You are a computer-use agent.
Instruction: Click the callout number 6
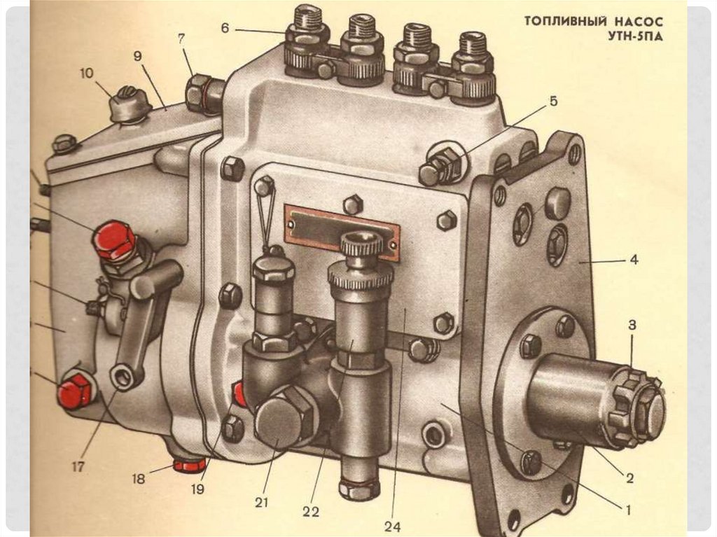tap(225, 28)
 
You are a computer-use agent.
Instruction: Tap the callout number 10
tap(86, 74)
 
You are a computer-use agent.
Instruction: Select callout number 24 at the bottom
tap(393, 527)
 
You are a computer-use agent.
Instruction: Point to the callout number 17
tap(78, 467)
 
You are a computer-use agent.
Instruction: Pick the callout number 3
tap(632, 326)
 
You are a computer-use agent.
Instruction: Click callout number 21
tap(261, 503)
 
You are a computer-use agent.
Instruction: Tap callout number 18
tap(139, 479)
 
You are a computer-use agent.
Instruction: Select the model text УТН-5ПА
tap(635, 36)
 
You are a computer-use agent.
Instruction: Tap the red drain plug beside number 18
tap(189, 466)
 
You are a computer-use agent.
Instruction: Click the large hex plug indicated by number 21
tap(280, 419)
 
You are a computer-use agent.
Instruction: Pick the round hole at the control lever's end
tap(123, 377)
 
